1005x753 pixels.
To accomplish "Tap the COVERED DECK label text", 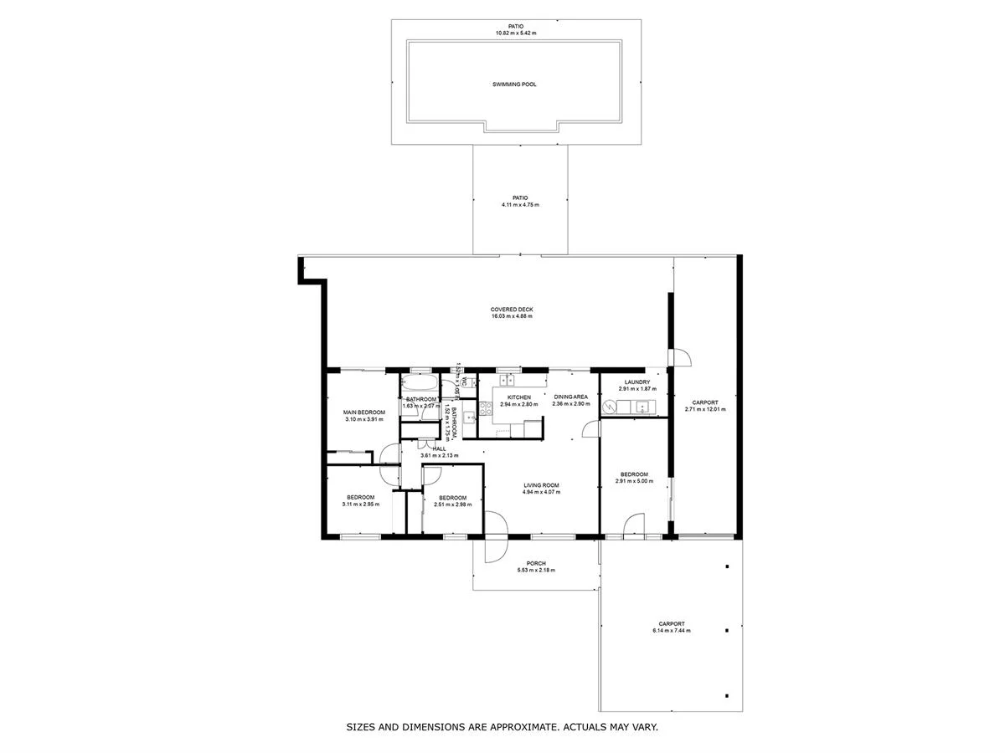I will (512, 310).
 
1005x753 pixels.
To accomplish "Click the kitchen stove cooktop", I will (485, 410).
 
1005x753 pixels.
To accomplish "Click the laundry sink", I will (643, 407).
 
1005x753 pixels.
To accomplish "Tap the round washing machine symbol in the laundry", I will (613, 407).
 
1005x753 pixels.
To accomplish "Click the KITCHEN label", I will (518, 397).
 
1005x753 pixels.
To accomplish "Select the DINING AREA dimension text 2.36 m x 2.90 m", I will (570, 404).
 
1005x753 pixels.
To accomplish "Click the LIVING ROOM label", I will (541, 485).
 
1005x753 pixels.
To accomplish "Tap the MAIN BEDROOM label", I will (364, 412).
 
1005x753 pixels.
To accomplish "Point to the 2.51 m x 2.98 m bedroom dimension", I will (452, 505).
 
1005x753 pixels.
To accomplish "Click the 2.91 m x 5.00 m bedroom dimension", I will (634, 481).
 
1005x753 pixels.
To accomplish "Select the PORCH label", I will (536, 563).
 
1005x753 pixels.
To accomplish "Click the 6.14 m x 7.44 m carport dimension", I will (671, 631).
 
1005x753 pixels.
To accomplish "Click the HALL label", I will (439, 448).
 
